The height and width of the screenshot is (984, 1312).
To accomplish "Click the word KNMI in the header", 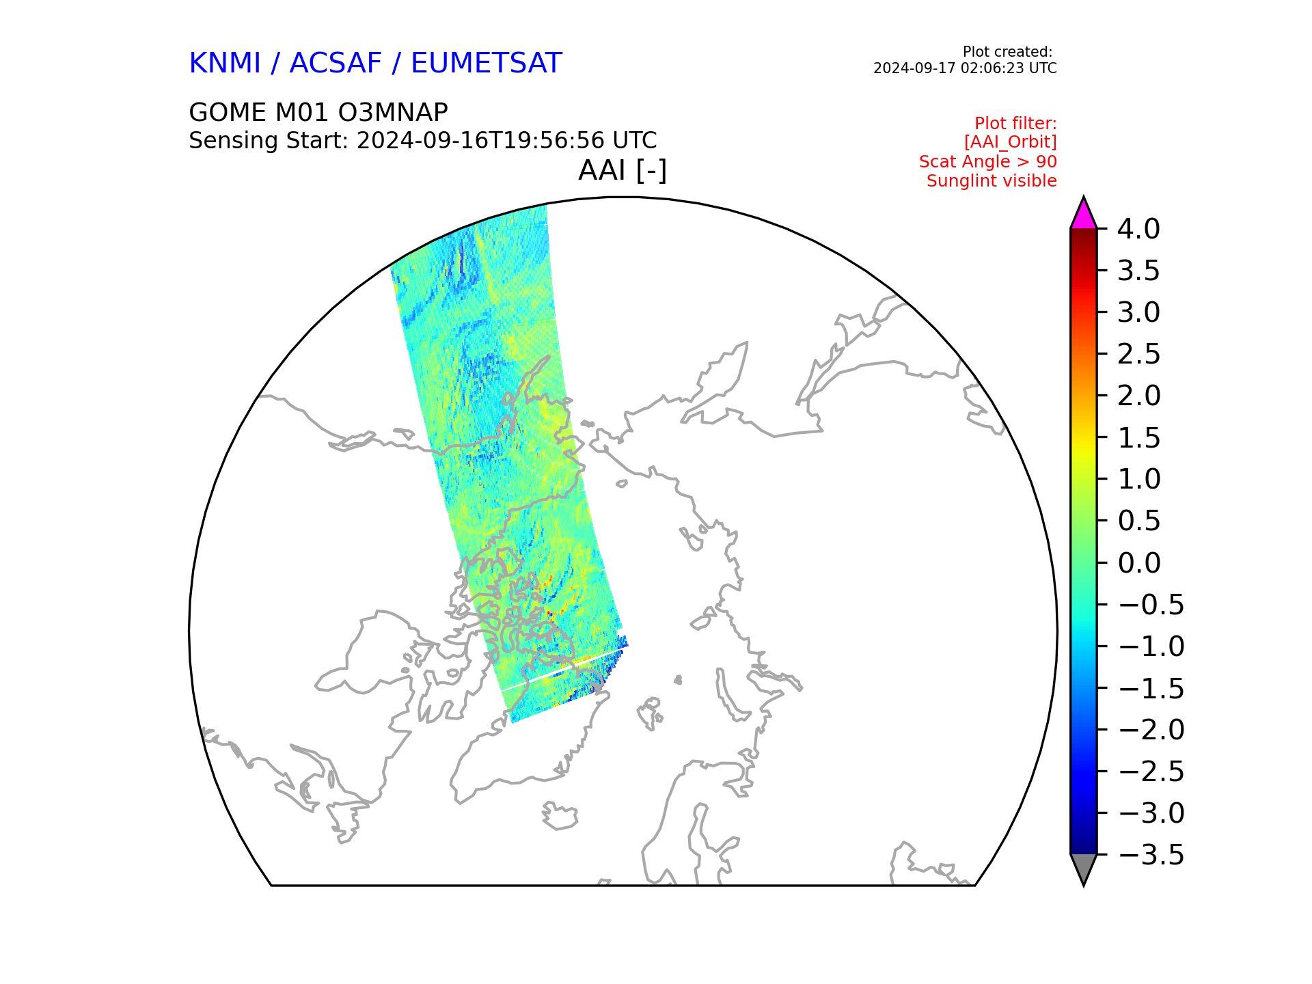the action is (x=225, y=63).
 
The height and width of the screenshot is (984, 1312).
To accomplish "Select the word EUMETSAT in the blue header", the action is (x=487, y=63).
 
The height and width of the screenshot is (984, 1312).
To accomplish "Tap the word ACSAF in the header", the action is (x=336, y=63).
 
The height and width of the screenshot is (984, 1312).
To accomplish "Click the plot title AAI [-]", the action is (x=623, y=170).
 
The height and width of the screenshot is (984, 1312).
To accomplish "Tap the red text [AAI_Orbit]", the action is (x=1011, y=142).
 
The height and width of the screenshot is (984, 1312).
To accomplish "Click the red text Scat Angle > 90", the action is (x=988, y=162).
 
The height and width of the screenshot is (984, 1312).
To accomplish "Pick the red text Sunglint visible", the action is (x=992, y=181).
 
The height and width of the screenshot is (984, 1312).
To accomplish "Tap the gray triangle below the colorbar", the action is (x=1084, y=869).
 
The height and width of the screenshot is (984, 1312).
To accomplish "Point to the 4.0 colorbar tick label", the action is (x=1138, y=229).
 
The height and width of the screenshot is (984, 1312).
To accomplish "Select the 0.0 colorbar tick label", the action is (x=1138, y=563).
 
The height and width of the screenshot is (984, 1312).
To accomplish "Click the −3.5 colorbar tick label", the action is (x=1151, y=855).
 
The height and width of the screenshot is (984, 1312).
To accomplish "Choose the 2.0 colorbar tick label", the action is (x=1138, y=396).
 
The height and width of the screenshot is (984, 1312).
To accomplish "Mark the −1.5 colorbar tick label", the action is (x=1151, y=688).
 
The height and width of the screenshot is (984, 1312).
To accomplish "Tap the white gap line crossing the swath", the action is (x=564, y=668).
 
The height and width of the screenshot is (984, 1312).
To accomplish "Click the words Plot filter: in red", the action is (x=1015, y=124).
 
